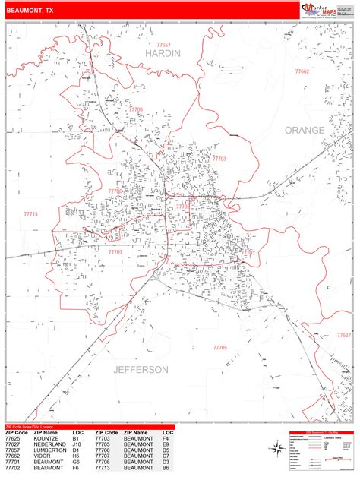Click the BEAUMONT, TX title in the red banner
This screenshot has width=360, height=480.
click(x=30, y=11)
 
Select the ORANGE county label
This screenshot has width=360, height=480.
click(x=305, y=130)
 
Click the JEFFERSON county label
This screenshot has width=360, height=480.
click(x=141, y=370)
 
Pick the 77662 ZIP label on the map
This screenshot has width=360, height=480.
click(x=302, y=71)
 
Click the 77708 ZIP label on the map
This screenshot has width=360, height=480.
click(x=135, y=109)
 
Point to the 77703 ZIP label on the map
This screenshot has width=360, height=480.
click(x=219, y=159)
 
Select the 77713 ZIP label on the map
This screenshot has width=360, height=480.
click(x=31, y=214)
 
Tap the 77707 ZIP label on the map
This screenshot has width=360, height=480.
click(x=115, y=251)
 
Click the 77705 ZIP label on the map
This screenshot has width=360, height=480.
click(x=220, y=347)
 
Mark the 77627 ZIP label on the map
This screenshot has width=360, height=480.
click(x=345, y=335)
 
